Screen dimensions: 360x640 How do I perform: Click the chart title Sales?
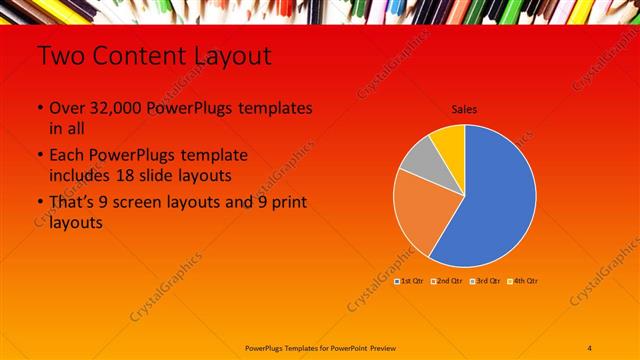[x=464, y=109]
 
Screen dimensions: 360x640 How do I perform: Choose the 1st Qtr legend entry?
[x=411, y=281]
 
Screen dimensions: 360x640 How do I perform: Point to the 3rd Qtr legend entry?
[x=486, y=281]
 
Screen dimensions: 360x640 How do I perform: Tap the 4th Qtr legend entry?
[x=524, y=281]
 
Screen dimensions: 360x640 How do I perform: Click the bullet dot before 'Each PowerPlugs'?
[x=40, y=156]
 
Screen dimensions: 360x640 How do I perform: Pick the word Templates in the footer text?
[x=299, y=347]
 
